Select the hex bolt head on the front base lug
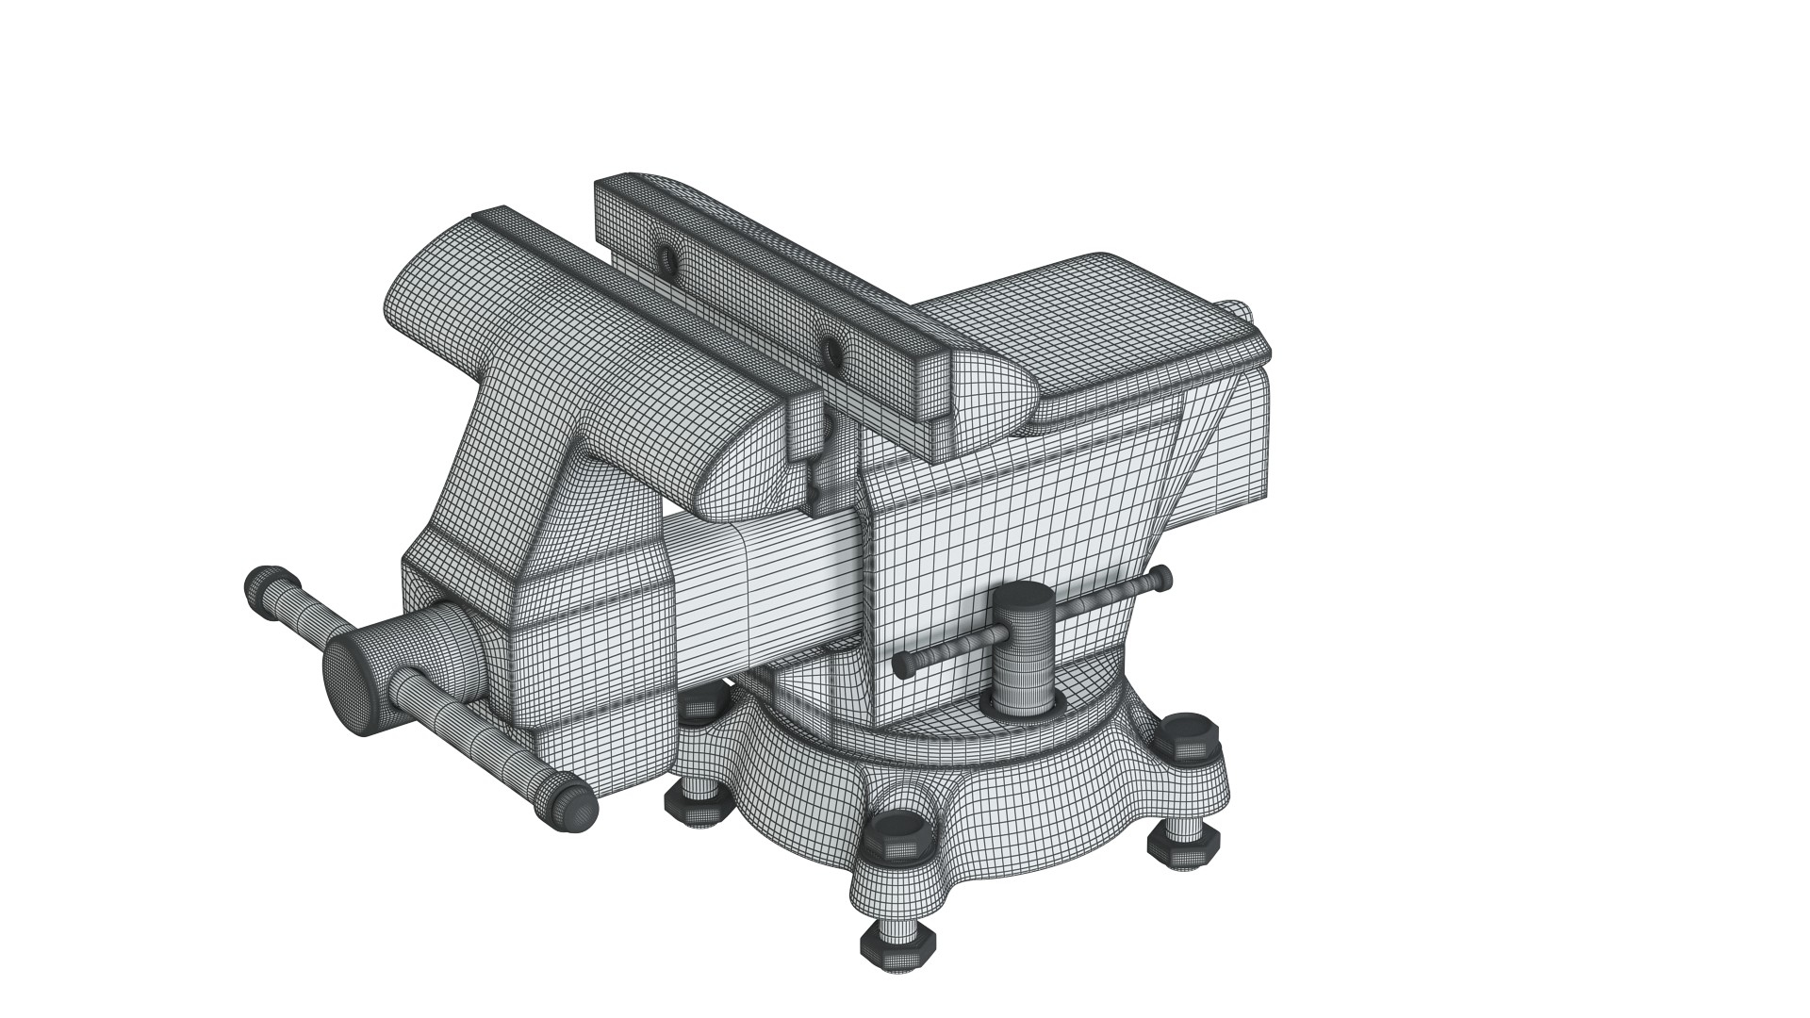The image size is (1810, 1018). (899, 832)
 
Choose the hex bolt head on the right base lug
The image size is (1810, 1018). (1188, 733)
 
